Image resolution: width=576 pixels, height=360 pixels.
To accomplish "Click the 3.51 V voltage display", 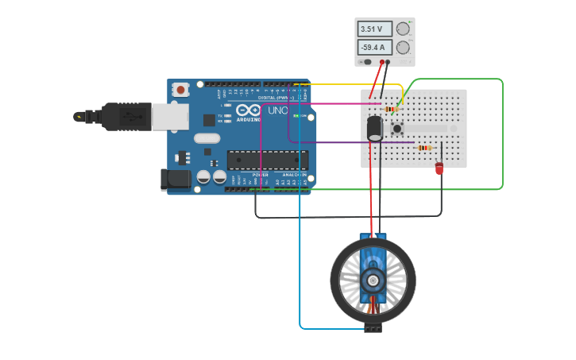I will (x=374, y=29).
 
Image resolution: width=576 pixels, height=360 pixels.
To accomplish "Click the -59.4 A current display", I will (x=374, y=47).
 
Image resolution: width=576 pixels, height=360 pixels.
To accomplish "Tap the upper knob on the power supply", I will (x=403, y=29).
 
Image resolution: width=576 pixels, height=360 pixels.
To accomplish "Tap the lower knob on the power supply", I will (x=403, y=47).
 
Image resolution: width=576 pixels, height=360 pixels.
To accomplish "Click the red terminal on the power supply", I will (x=381, y=61).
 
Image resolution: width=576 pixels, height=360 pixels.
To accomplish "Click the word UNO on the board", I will (x=277, y=110).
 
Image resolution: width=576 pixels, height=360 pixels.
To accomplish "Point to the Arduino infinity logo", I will (x=247, y=111).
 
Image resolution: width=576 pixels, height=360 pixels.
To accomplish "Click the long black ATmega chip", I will (x=257, y=160).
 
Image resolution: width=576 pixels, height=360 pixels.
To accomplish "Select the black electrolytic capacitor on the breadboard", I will (x=375, y=129).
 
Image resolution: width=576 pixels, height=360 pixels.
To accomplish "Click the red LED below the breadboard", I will (x=439, y=168).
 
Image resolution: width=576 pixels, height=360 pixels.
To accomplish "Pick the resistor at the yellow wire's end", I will (x=391, y=108).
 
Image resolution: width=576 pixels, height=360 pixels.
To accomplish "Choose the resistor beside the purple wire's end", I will (x=424, y=148).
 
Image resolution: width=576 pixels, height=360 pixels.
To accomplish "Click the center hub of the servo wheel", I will (x=373, y=280).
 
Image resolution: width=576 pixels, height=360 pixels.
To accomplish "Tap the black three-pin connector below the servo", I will (x=373, y=327).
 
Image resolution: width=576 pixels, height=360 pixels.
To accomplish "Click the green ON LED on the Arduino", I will (x=296, y=116).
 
